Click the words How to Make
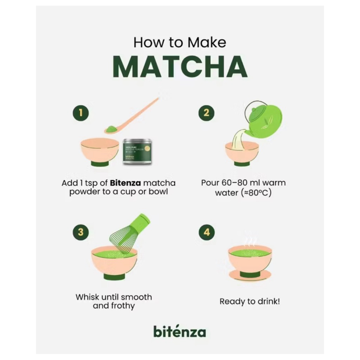(180, 43)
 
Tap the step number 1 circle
(81, 113)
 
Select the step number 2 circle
(206, 113)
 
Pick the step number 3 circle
(81, 232)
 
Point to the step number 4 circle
(206, 232)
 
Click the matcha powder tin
(137, 151)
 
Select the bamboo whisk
(130, 234)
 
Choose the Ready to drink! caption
(250, 301)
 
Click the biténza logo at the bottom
(179, 331)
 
